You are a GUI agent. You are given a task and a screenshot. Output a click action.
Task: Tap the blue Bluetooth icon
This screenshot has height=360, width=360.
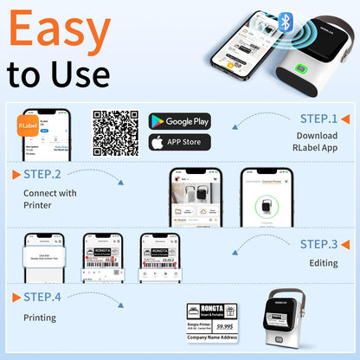(284, 19)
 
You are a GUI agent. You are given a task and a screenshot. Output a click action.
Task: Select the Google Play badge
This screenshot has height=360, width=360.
(179, 121)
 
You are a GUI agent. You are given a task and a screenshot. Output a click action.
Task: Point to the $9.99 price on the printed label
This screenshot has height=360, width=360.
(226, 327)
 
